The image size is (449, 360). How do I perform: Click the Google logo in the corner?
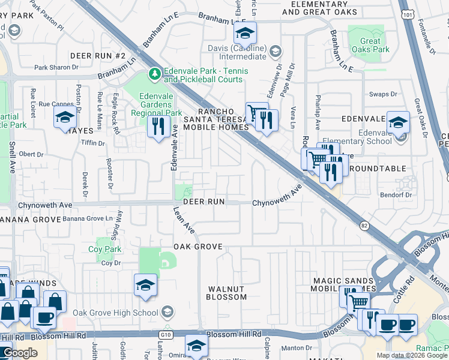[20, 353]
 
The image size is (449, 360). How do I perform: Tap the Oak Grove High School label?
[116, 313]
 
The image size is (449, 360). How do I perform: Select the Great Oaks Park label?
[371, 46]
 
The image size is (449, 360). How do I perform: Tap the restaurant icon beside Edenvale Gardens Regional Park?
[158, 127]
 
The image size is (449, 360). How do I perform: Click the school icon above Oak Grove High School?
[145, 285]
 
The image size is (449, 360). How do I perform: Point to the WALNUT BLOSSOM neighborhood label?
[226, 292]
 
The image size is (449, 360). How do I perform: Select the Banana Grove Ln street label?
[88, 219]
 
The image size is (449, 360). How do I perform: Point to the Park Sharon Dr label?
[58, 68]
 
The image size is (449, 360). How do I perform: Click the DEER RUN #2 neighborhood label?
[98, 56]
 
